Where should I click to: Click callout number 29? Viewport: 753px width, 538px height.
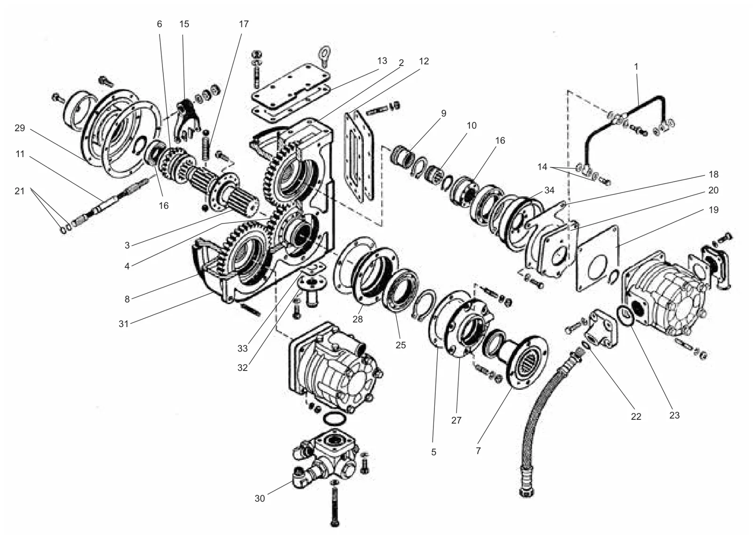20,128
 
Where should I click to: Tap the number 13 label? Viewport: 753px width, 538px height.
382,61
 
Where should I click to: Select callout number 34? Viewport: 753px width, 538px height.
549,190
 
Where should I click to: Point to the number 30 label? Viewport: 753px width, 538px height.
259,498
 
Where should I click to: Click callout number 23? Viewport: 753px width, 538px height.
674,415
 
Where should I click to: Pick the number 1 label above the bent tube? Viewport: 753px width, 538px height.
636,66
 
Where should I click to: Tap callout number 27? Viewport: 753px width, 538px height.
456,420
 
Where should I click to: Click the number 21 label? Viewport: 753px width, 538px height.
19,191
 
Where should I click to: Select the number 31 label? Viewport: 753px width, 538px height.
124,323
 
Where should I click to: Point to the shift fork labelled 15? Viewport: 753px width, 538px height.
188,120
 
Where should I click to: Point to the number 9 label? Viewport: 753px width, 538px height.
443,113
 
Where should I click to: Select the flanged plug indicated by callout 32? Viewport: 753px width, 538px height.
312,289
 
